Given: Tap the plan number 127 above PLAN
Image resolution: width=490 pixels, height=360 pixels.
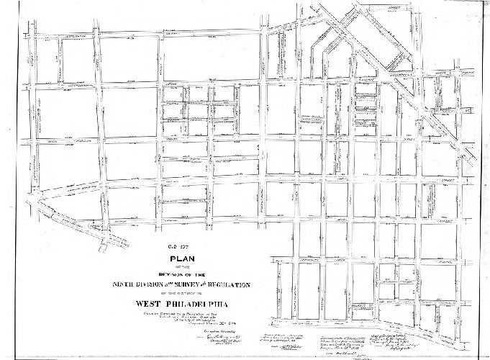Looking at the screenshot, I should click(186, 249).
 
